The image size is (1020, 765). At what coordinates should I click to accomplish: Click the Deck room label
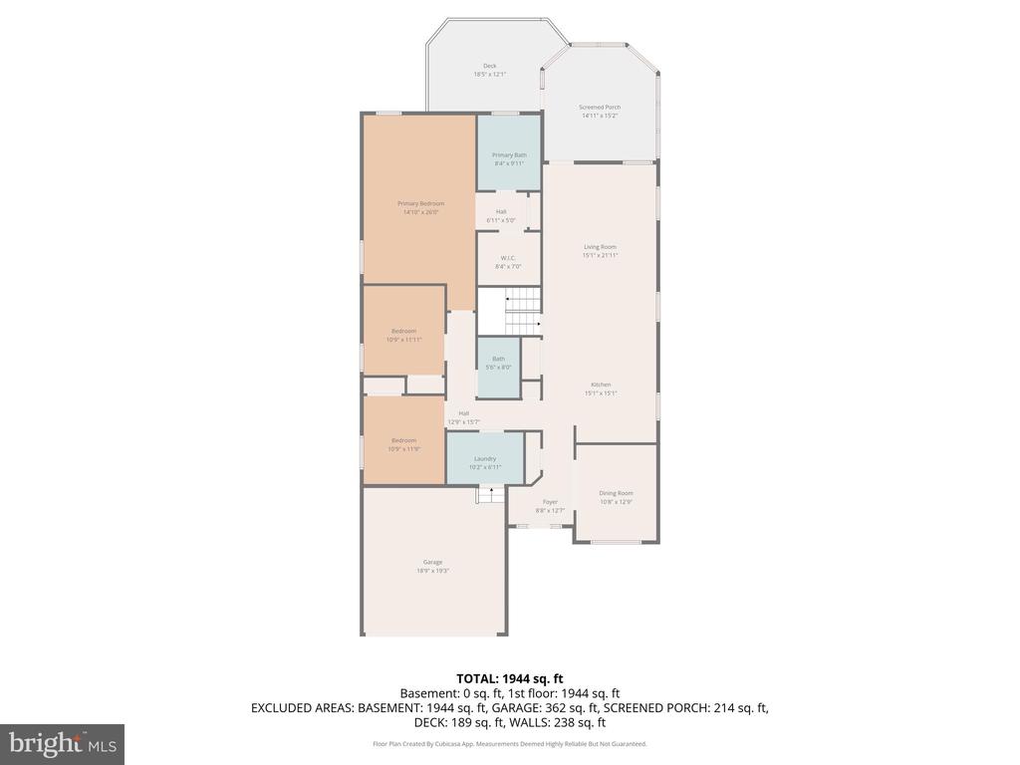pos(489,70)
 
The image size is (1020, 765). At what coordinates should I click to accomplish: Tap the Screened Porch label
pos(600,112)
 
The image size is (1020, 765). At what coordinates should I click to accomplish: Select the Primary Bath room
pos(509,157)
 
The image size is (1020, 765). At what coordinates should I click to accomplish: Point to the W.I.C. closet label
pos(508,262)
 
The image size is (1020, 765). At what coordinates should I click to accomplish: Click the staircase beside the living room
pos(510,311)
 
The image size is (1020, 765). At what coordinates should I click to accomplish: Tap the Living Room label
pos(600,250)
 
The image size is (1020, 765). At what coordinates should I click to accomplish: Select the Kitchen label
pos(600,387)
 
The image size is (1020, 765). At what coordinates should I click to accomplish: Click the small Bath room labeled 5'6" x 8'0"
pos(498,363)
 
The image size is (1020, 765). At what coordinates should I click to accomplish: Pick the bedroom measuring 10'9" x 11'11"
pos(403,335)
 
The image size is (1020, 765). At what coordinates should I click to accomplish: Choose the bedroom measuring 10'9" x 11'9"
pos(403,444)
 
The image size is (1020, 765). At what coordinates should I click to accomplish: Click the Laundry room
pos(485,462)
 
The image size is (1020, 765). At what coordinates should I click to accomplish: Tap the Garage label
pos(433,566)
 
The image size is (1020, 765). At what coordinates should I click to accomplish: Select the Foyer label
pos(550,506)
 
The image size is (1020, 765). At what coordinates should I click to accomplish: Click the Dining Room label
pos(616,497)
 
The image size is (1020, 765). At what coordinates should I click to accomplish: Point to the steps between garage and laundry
pos(490,495)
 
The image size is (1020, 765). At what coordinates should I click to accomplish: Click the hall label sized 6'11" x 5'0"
pos(501,215)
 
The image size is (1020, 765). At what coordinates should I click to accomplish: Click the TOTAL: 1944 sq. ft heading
pos(509,678)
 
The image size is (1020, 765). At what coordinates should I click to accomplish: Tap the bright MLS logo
pos(62,743)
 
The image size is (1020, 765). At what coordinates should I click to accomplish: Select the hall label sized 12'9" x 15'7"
pos(463,417)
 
